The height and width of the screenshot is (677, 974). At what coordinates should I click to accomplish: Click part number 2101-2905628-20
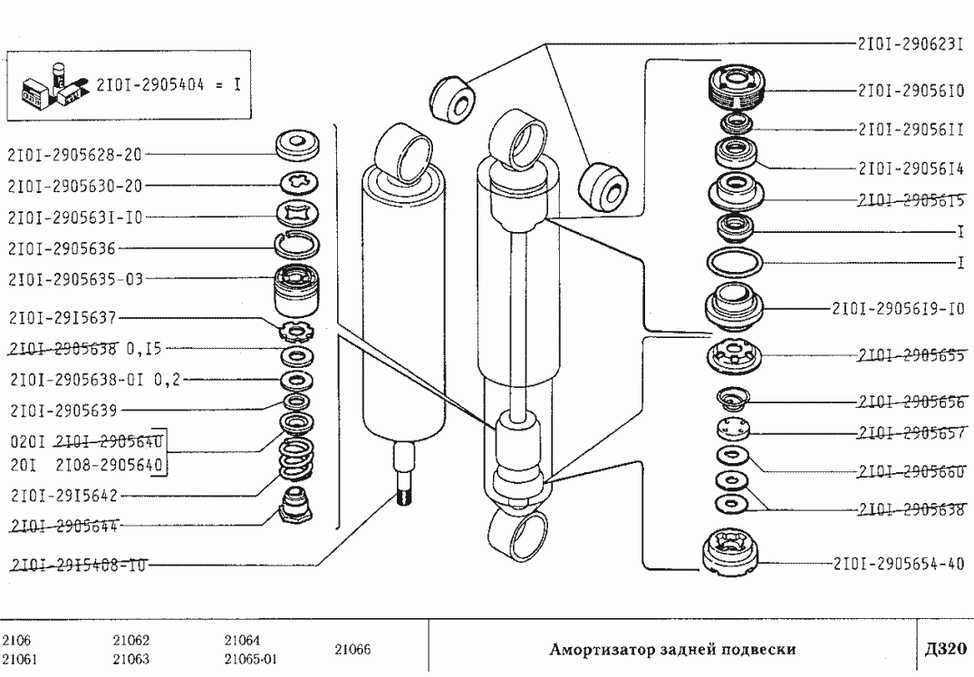coord(74,155)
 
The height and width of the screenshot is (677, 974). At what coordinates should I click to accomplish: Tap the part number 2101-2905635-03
coord(74,278)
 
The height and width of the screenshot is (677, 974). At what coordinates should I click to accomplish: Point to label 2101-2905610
coord(909,91)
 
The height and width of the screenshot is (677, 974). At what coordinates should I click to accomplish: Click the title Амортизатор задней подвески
coord(673,649)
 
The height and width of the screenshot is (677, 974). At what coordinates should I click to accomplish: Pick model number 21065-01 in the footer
coord(250,659)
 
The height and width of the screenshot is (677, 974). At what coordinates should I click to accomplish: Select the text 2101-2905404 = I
coord(168,86)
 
